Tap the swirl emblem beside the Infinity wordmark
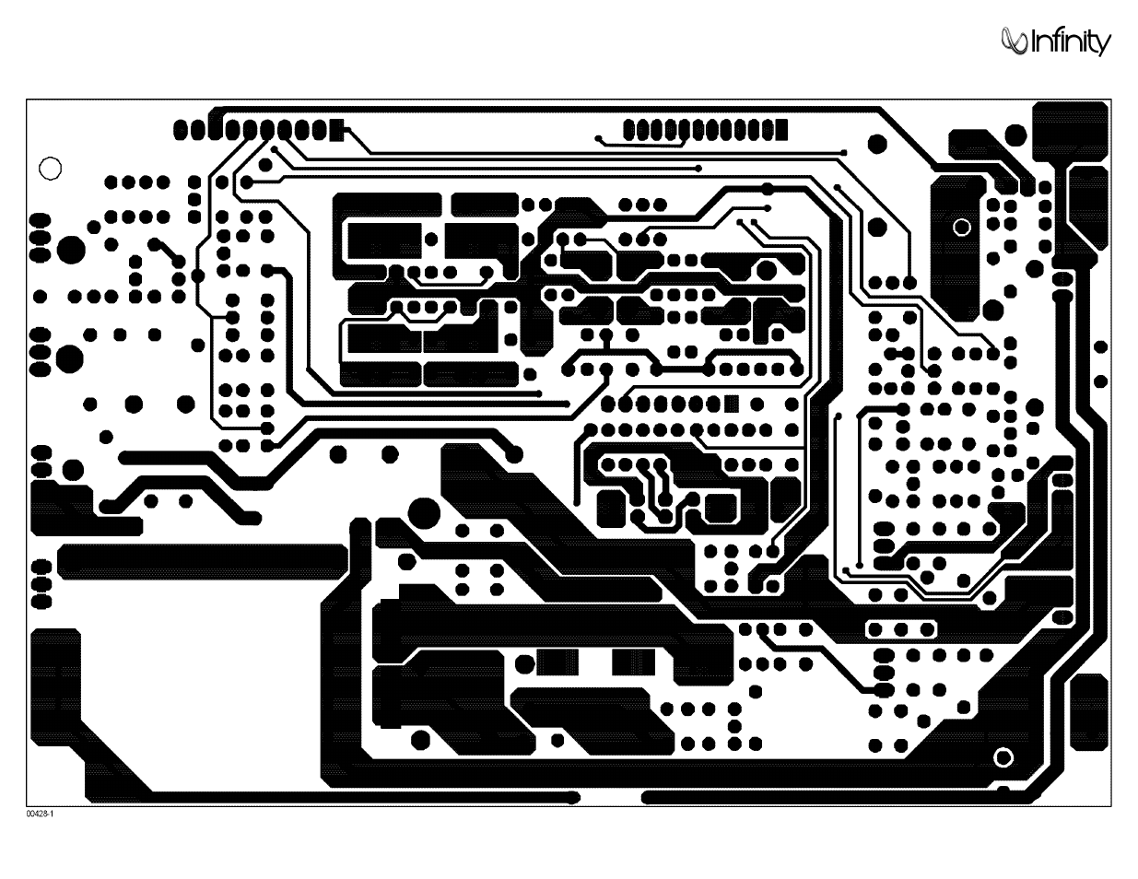(x=1015, y=41)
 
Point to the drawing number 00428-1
(x=40, y=815)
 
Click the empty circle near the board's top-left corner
(x=51, y=169)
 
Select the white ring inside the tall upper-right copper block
(x=961, y=228)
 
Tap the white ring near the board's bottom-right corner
(x=1003, y=757)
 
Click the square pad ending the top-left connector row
(x=336, y=130)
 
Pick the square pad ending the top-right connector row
(x=781, y=130)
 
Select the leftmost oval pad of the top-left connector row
(x=180, y=130)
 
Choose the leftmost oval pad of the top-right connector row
(x=629, y=130)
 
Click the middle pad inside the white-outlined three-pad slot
(x=901, y=629)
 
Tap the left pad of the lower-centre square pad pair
(x=557, y=662)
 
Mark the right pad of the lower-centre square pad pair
(x=634, y=662)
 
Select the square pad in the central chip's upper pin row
(x=732, y=404)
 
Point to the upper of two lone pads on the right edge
(x=1101, y=346)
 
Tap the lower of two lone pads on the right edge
(x=1101, y=381)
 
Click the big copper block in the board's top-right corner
(x=1071, y=131)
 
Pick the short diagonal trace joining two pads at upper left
(x=167, y=252)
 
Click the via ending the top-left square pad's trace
(x=843, y=153)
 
